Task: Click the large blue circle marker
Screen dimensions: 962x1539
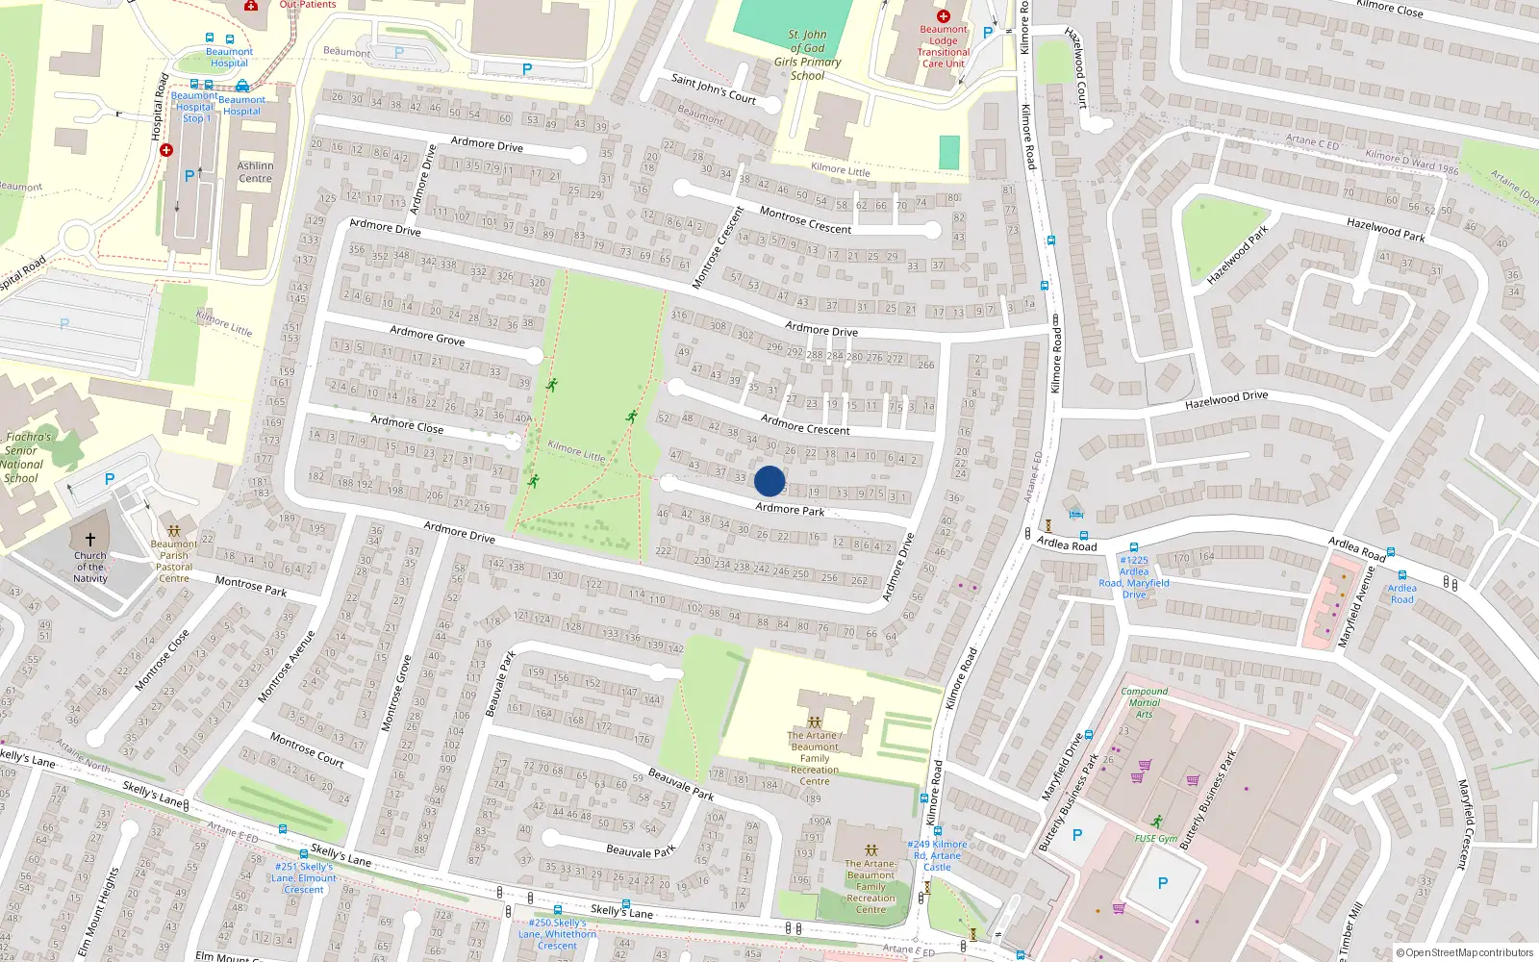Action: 769,481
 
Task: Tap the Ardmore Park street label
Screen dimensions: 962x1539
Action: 790,509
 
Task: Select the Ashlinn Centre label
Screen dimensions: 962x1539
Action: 255,172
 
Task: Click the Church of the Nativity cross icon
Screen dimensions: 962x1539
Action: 90,540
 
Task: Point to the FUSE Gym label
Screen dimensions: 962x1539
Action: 1155,838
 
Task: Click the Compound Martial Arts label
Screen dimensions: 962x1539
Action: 1144,702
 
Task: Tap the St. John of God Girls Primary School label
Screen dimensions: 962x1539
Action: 808,55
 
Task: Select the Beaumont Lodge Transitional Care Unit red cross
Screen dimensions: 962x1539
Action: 943,16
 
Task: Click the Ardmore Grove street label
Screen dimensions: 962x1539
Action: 427,336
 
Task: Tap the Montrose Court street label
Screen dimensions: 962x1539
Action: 307,749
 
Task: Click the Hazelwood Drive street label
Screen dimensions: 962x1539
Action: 1226,399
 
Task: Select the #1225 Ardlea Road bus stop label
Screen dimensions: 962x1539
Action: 1134,577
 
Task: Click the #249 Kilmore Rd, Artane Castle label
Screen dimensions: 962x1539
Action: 937,855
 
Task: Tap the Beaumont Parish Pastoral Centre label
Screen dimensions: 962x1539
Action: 174,561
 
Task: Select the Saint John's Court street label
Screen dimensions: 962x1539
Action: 713,89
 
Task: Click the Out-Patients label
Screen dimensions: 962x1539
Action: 308,4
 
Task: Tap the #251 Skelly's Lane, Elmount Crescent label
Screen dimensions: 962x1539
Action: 304,877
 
